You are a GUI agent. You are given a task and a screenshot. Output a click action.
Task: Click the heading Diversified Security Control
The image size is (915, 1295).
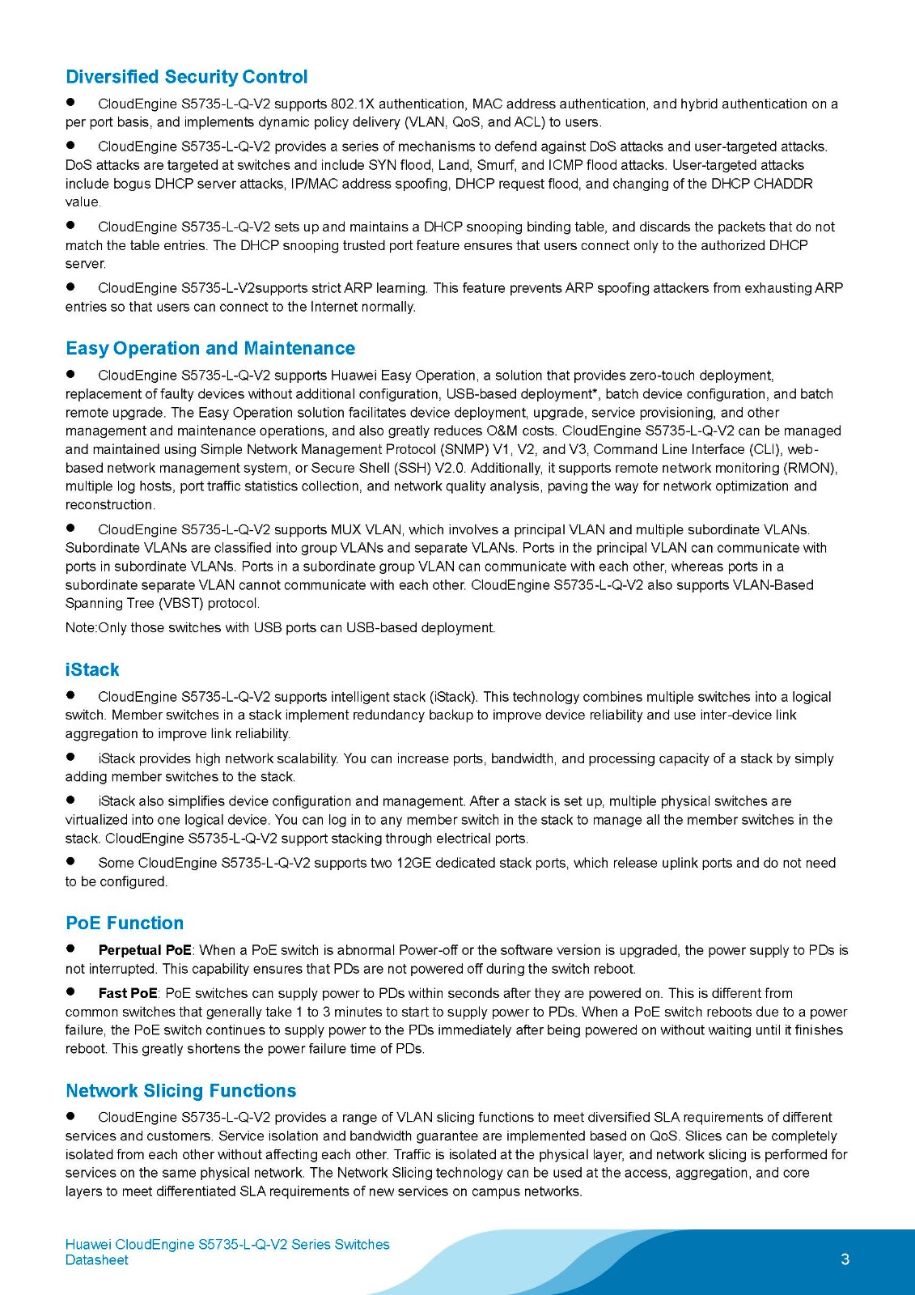186,77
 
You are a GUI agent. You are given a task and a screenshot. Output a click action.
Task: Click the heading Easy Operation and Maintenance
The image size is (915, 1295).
210,348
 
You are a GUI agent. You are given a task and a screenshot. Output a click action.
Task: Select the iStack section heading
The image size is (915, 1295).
92,669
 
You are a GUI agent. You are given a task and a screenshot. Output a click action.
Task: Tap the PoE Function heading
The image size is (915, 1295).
125,923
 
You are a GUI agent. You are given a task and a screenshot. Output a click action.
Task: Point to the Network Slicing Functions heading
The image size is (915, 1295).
181,1090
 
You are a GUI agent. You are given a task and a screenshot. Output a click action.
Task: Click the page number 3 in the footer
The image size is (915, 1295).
845,1259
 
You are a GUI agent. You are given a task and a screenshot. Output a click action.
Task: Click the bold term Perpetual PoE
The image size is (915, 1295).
145,950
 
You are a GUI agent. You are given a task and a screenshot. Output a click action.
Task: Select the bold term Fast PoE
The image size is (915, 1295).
128,993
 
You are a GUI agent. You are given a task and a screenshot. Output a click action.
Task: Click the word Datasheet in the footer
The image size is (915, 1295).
97,1260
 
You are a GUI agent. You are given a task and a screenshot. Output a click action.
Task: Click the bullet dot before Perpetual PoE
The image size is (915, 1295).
71,949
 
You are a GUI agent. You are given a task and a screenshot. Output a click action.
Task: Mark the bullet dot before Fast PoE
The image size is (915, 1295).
71,991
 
